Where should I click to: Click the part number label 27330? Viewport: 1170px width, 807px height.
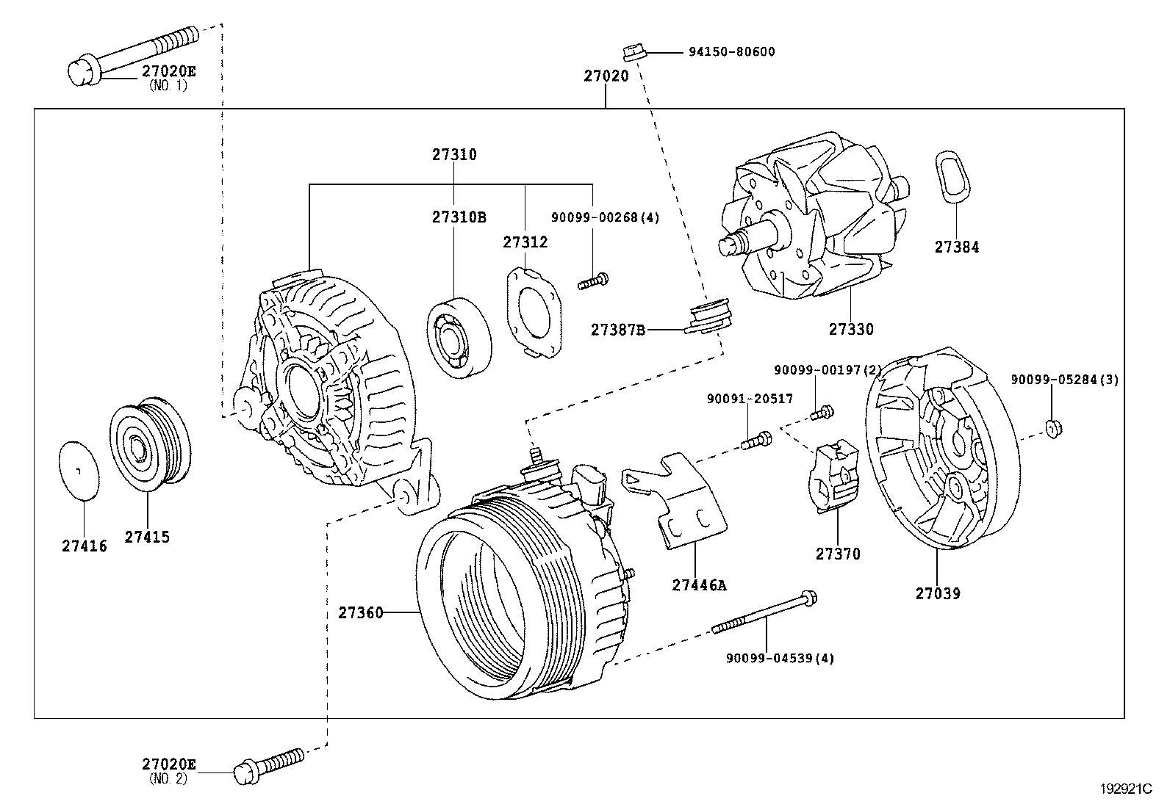pos(851,330)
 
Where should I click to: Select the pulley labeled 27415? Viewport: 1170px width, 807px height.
pos(150,444)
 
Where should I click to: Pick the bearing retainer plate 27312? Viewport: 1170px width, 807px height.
pos(534,312)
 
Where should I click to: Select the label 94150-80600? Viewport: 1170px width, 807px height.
pos(731,52)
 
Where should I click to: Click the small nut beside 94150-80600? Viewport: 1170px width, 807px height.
pos(634,52)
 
